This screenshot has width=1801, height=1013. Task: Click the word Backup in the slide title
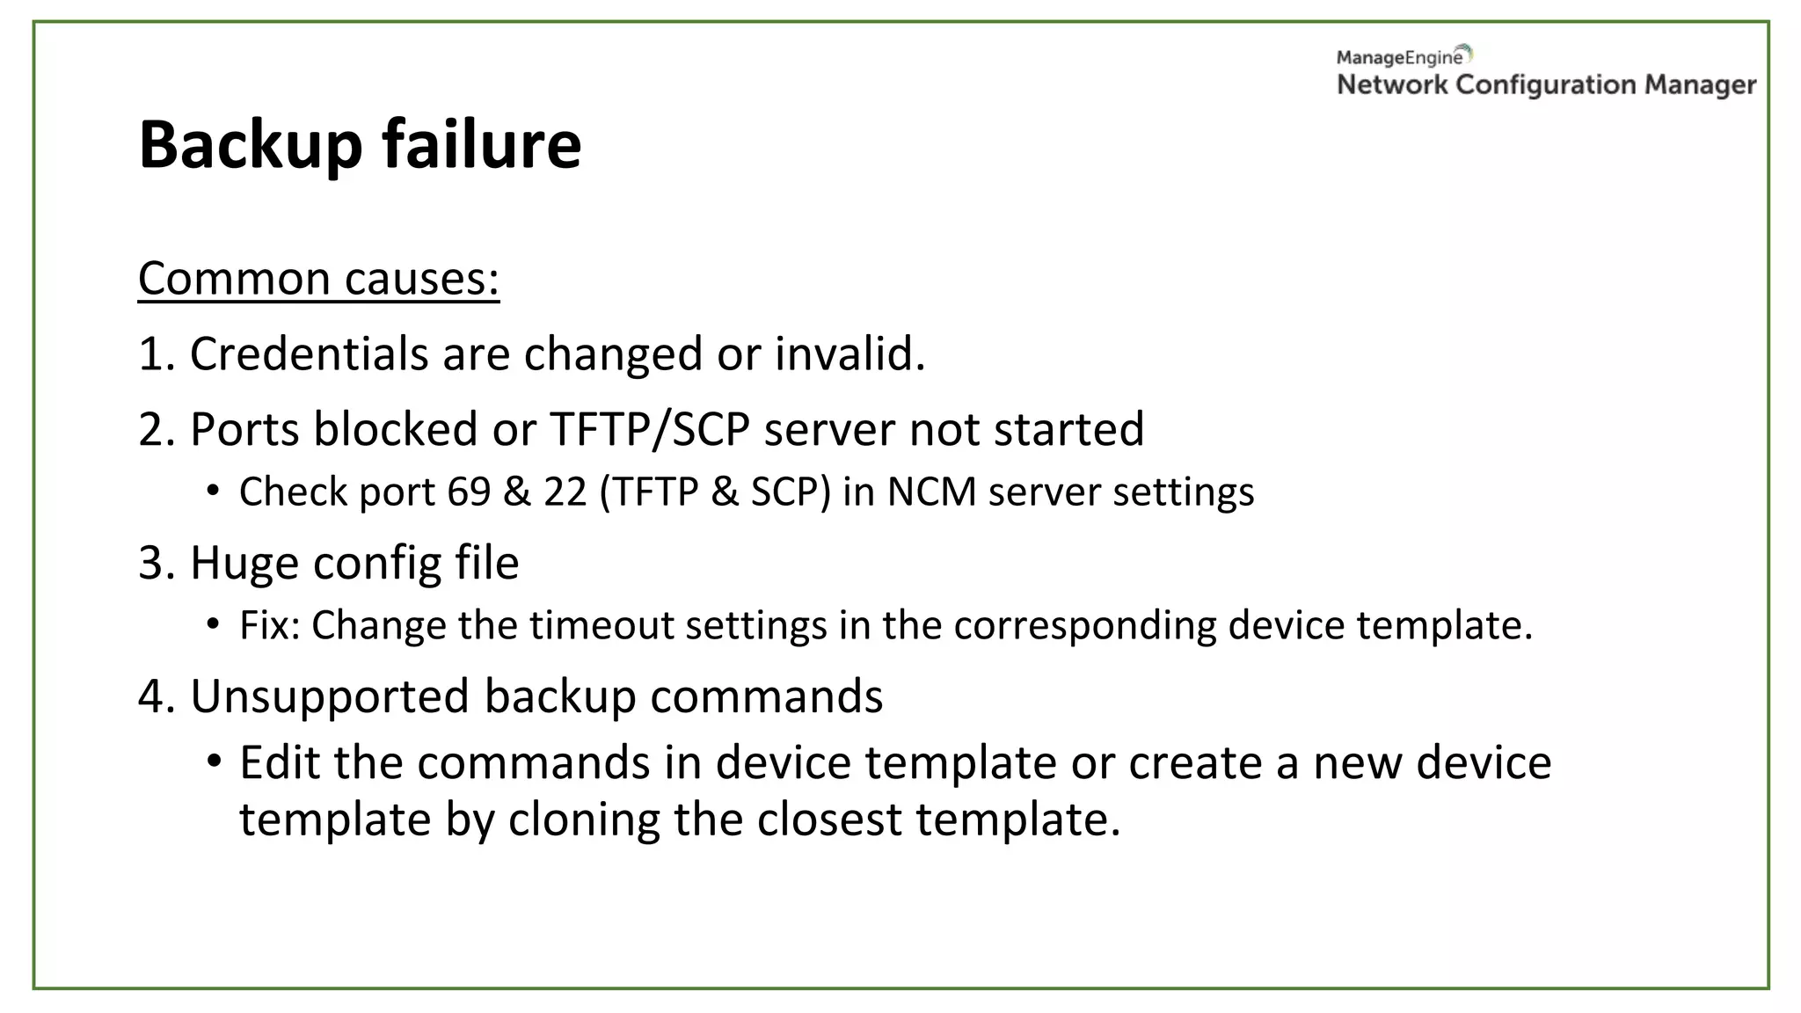pos(250,145)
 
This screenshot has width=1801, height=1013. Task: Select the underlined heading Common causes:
pos(318,279)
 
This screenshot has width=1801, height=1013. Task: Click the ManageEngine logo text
pos(1399,58)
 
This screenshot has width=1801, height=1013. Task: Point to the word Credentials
pos(309,353)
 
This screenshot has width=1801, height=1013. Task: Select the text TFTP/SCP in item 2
pos(650,429)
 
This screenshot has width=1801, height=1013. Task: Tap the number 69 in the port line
pos(469,492)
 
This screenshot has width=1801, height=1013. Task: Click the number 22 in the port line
pos(565,492)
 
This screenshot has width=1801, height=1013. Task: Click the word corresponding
pos(1085,625)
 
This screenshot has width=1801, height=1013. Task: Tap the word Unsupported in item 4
pos(330,696)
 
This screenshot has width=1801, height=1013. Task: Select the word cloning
pos(584,820)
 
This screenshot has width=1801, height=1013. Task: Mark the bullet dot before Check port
pos(213,490)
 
